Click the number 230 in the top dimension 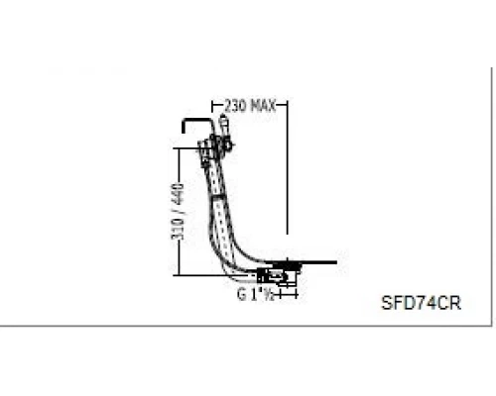tap(235, 106)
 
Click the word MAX tap(263, 106)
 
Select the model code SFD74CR tap(421, 303)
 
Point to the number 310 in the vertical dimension tap(178, 229)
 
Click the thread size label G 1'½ tap(256, 294)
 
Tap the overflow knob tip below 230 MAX tap(223, 116)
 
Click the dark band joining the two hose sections tap(217, 197)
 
